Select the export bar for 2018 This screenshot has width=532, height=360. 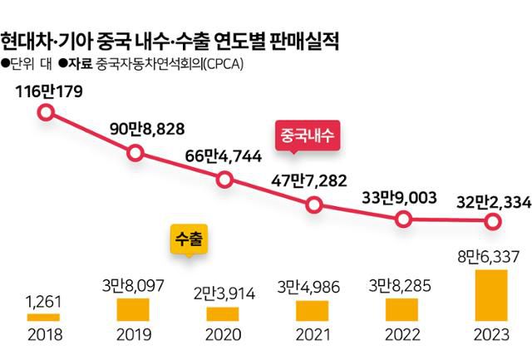point(43,317)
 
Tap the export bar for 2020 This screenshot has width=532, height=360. point(223,314)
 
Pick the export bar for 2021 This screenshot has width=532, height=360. point(313,311)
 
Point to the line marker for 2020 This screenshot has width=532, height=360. point(224,180)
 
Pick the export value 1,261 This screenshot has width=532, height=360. point(43,300)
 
